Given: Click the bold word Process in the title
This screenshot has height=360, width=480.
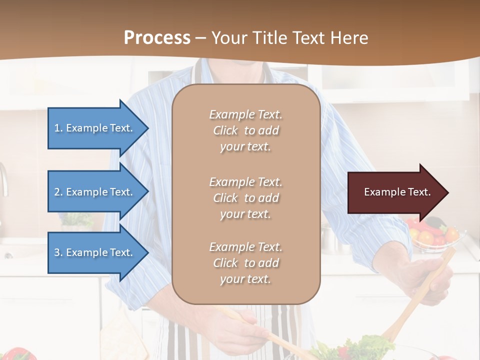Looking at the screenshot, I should (x=157, y=38).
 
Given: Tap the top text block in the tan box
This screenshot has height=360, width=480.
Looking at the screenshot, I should (x=245, y=130).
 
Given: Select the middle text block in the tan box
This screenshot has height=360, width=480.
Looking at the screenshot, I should (x=245, y=198).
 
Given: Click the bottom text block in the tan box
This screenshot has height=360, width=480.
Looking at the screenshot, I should (x=245, y=263).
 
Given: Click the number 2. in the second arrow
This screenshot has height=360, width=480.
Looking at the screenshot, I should (x=58, y=192).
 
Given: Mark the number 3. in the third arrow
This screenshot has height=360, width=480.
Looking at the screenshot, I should (x=58, y=252).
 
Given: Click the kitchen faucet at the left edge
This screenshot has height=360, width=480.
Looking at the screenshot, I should (x=4, y=180).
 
